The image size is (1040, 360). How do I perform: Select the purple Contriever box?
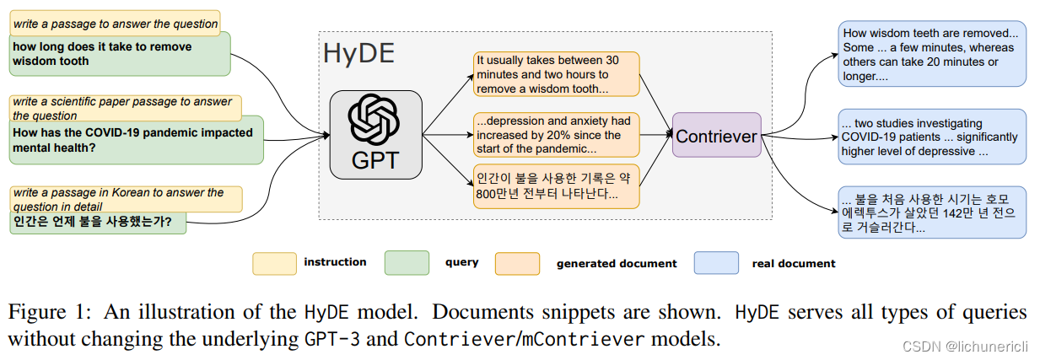[x=716, y=135]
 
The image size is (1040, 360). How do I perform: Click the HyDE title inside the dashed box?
[x=358, y=54]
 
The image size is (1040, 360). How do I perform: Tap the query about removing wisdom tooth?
[x=119, y=54]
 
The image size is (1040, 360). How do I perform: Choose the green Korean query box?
[x=98, y=223]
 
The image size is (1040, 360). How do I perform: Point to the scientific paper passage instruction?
[x=125, y=108]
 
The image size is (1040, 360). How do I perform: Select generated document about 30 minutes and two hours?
[x=555, y=74]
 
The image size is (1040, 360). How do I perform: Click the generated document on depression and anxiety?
[x=555, y=135]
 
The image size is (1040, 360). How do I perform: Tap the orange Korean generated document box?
[x=555, y=186]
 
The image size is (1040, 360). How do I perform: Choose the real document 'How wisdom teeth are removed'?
[x=931, y=54]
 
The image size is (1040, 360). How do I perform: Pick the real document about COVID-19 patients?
[x=931, y=137]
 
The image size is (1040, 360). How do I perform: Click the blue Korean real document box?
[x=931, y=212]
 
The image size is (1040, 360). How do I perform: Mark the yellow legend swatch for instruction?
[x=274, y=263]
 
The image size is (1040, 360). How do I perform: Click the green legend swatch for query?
[x=407, y=263]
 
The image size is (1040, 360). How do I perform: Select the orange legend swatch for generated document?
[x=518, y=263]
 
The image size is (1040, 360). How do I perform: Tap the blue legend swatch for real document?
[x=716, y=263]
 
